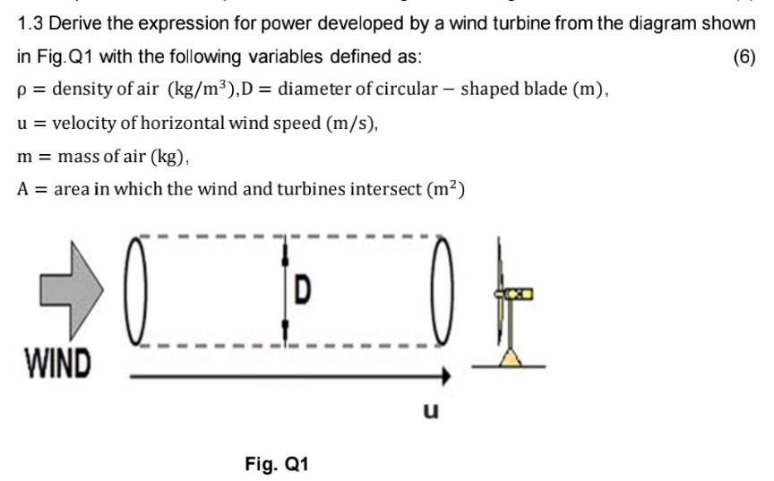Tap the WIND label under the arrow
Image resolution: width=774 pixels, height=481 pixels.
click(56, 364)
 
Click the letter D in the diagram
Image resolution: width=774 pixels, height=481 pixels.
click(303, 290)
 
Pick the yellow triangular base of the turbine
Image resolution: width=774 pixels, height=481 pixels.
click(510, 359)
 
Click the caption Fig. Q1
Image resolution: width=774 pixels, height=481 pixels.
click(277, 464)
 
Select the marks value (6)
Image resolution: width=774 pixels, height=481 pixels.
click(744, 57)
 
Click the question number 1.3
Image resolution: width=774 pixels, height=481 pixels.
click(32, 24)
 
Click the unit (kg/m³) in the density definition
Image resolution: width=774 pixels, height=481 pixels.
click(206, 90)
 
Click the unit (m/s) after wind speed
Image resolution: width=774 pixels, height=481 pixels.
click(347, 123)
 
